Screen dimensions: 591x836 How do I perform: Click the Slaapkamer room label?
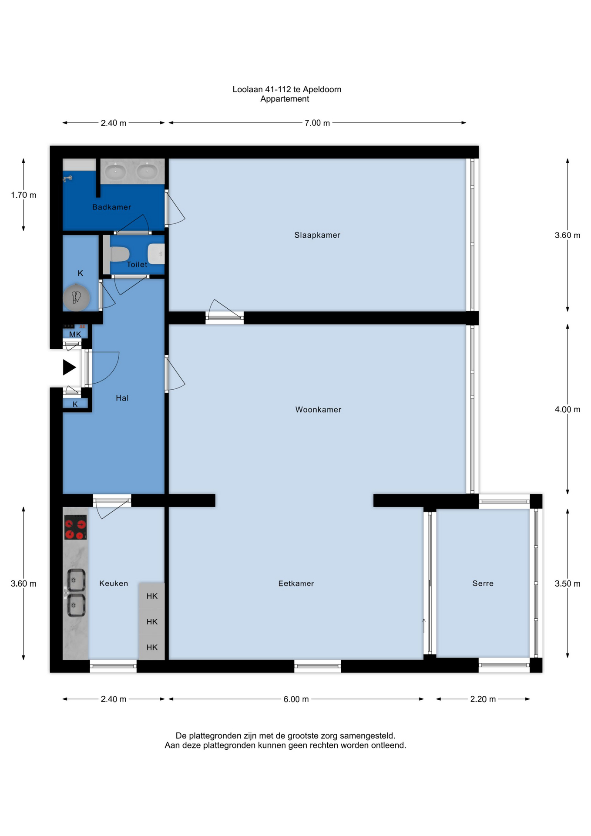tap(317, 235)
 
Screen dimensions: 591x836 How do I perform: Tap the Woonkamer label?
tap(318, 410)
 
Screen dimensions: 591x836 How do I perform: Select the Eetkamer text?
tap(296, 583)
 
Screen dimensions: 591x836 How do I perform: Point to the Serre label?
tap(483, 583)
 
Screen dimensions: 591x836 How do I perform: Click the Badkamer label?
tap(111, 207)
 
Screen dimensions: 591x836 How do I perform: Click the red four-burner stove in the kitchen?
tap(75, 527)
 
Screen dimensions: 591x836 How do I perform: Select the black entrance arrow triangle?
tap(69, 367)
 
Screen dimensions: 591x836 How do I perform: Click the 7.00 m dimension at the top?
tap(317, 123)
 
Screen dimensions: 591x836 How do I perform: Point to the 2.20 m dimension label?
tap(483, 699)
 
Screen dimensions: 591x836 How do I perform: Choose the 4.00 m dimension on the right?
tap(567, 410)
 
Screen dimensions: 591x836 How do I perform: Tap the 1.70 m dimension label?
tap(24, 195)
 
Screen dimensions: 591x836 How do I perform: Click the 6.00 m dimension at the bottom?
tap(296, 699)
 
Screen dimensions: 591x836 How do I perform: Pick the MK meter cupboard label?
tap(75, 334)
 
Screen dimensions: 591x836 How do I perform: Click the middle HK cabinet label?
tap(152, 622)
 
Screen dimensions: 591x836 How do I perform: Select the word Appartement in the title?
tap(285, 99)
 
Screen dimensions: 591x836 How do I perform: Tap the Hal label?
tap(122, 398)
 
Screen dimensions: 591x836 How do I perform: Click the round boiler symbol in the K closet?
tap(77, 298)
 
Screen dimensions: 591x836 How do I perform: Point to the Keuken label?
tap(114, 583)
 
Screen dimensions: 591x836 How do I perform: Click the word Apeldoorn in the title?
tap(322, 90)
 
